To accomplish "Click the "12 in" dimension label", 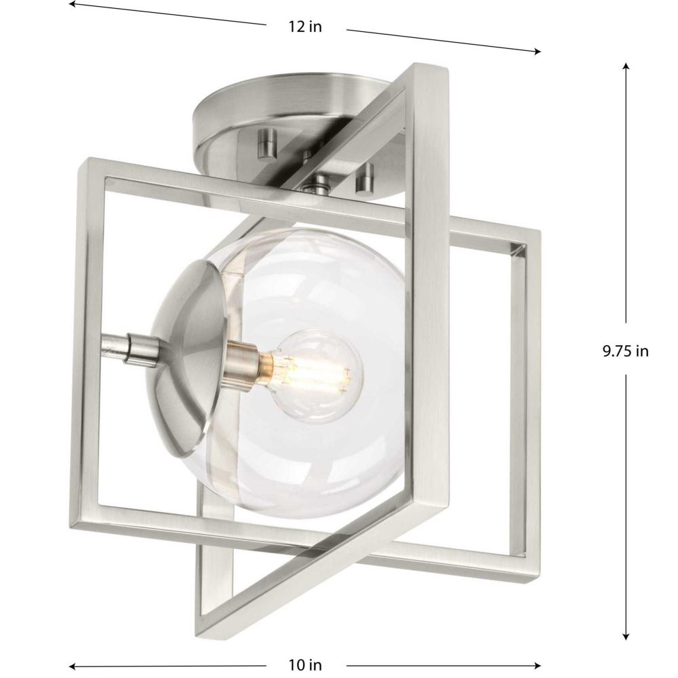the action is tap(305, 27).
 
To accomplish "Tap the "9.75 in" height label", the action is tap(626, 351).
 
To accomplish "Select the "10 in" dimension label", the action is tap(305, 664).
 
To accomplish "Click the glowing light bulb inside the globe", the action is tap(318, 376).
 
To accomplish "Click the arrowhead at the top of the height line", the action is tap(626, 66).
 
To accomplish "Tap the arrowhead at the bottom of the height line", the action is tap(626, 637).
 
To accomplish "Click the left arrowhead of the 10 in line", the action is tap(73, 666).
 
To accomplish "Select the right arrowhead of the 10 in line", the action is tap(537, 666).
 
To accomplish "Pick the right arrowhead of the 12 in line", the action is tap(538, 52).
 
